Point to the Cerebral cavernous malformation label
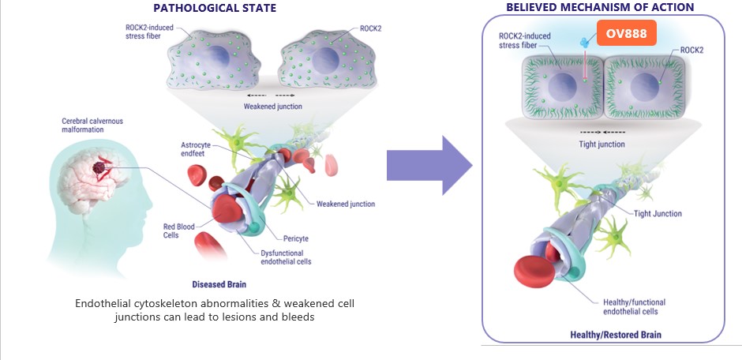point(92,126)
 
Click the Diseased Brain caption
point(219,283)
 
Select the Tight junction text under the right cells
point(601,144)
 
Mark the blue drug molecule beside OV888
point(585,39)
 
